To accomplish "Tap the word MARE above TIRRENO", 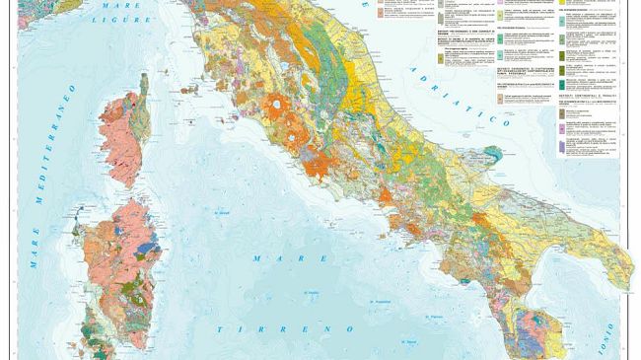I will point(270,258).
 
